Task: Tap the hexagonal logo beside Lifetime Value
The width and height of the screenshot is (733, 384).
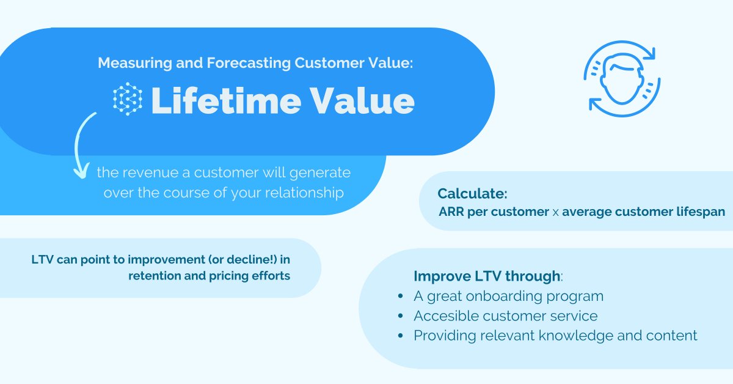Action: point(128,99)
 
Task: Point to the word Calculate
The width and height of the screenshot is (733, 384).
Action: point(472,194)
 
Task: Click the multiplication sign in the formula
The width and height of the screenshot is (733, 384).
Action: point(555,213)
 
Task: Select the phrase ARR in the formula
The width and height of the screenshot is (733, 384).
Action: point(451,212)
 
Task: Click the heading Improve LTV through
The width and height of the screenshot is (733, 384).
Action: point(487,276)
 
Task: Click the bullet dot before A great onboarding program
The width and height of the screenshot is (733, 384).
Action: point(400,297)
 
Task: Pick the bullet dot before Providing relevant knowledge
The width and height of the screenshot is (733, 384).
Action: point(400,336)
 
